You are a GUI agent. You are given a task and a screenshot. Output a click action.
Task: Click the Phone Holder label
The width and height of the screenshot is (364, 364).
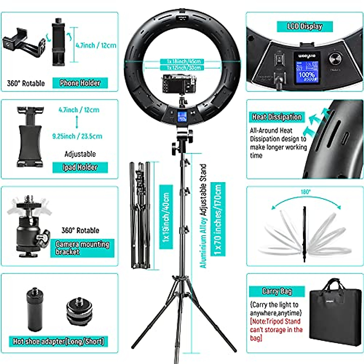tap(80, 83)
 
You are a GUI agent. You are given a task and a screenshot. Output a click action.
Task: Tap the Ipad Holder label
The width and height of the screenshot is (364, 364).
tap(80, 167)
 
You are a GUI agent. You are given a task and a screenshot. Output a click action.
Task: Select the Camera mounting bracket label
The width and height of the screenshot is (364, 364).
tap(82, 248)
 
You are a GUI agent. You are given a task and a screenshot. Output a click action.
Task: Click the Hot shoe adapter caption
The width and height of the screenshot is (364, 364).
tap(59, 341)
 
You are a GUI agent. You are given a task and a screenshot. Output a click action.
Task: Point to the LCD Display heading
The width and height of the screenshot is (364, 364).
tap(305, 26)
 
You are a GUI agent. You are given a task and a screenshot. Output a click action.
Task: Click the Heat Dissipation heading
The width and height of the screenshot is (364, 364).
tap(277, 117)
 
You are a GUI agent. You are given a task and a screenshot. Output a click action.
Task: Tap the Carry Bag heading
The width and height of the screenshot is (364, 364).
tap(277, 291)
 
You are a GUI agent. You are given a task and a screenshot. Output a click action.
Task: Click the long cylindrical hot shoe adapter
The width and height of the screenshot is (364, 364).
tap(34, 309)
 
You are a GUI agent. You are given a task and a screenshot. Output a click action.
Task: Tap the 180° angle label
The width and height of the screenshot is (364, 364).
tap(305, 192)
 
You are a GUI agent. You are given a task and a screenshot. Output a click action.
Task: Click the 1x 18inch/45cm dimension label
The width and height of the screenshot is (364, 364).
tap(184, 62)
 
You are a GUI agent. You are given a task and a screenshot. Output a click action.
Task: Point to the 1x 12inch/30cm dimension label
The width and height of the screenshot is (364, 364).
tap(184, 68)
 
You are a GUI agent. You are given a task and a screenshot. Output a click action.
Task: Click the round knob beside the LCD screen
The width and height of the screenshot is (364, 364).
tap(335, 59)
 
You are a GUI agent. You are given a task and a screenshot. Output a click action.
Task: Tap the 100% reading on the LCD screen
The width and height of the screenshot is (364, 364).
tap(307, 74)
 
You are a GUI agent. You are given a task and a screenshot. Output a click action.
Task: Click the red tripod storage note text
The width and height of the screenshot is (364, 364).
tap(276, 329)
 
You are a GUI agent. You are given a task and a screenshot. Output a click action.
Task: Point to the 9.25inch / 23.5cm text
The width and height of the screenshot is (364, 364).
tap(77, 136)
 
